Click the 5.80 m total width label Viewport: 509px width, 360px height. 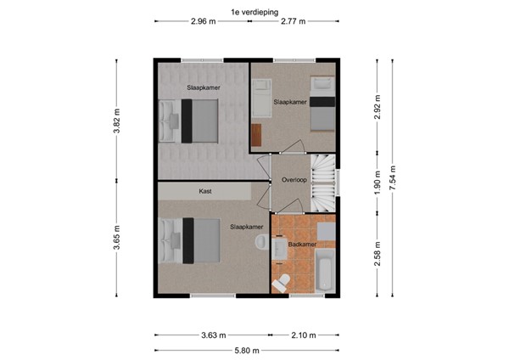click(x=247, y=350)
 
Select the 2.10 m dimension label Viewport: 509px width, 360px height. click(x=303, y=335)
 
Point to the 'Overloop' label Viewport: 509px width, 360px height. click(x=294, y=181)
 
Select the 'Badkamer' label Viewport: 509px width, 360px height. click(x=302, y=245)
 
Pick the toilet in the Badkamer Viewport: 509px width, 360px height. click(x=284, y=280)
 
